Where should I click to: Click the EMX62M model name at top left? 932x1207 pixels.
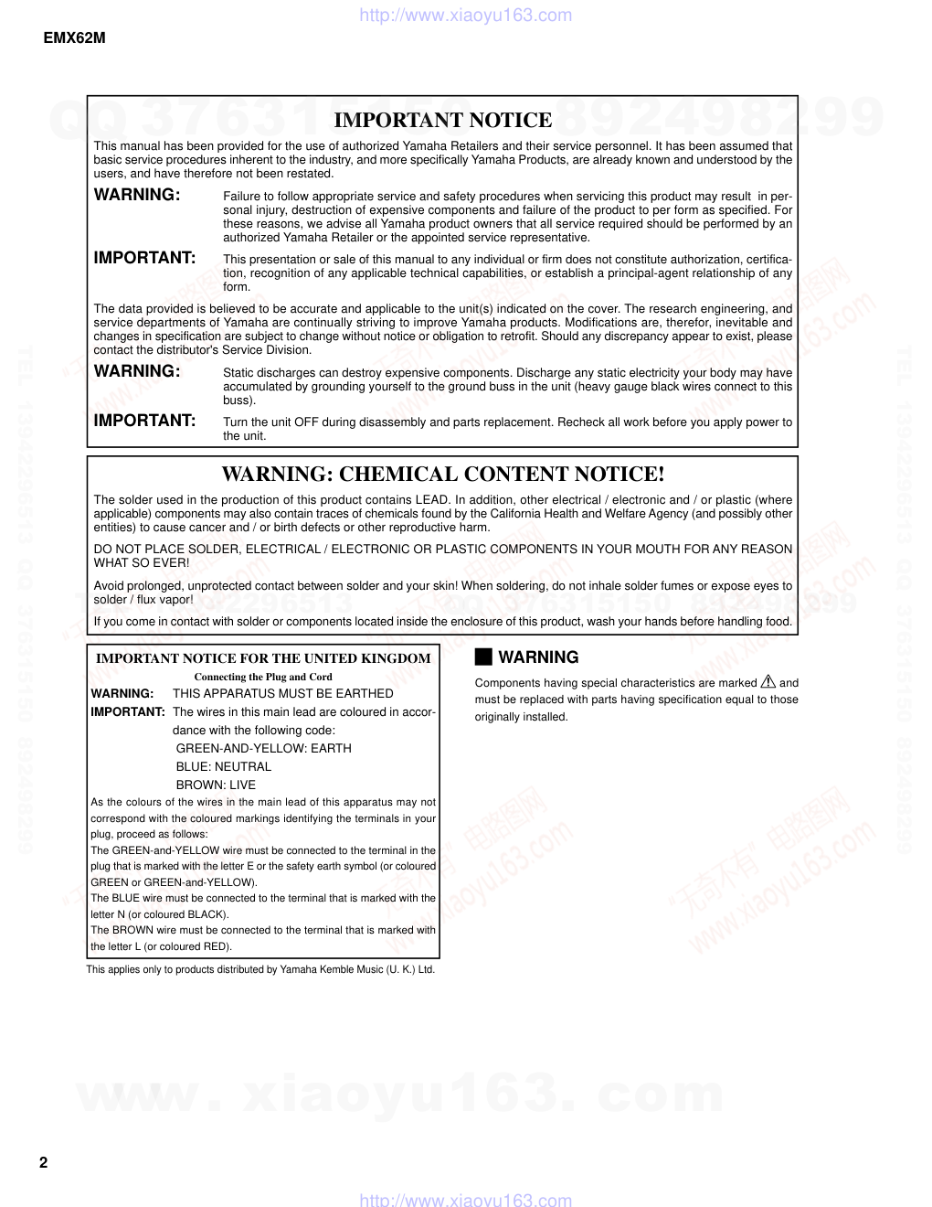tap(74, 38)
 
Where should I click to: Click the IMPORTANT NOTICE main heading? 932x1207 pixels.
tap(443, 120)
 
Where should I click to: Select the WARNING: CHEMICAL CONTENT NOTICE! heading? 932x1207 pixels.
tap(443, 474)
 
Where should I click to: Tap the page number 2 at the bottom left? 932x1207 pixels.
tap(43, 1163)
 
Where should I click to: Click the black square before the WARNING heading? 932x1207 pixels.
tap(483, 657)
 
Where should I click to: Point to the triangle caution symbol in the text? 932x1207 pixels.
tap(768, 681)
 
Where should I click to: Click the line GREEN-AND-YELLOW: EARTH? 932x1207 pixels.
tap(263, 748)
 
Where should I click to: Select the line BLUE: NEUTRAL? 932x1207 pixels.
tap(223, 766)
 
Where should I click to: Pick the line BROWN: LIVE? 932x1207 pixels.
tap(216, 785)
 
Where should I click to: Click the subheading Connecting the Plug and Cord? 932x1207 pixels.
tap(263, 677)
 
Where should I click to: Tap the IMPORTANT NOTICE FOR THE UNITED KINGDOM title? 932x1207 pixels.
tap(263, 657)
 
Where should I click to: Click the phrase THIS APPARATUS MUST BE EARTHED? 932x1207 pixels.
tap(282, 693)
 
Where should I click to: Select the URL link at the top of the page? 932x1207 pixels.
tap(466, 15)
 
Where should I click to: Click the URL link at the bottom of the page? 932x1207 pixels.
tap(466, 1200)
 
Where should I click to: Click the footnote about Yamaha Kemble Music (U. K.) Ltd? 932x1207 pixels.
tap(260, 969)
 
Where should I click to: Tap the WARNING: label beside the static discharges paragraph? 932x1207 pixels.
tap(137, 371)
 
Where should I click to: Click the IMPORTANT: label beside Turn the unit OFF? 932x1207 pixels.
tap(144, 421)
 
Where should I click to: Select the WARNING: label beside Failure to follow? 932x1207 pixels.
tap(137, 195)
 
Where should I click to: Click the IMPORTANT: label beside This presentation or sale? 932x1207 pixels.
tap(144, 258)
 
